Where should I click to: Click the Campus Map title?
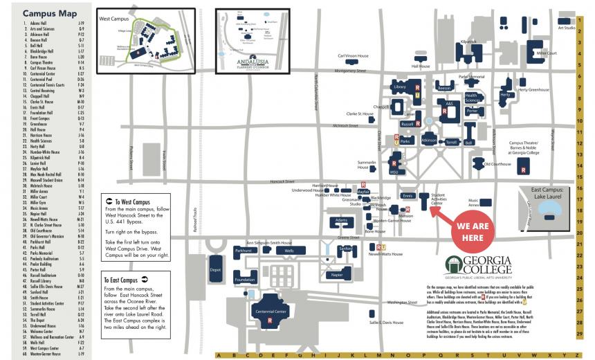tap(44, 13)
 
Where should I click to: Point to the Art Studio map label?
tap(566, 28)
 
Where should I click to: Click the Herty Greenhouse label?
tap(533, 89)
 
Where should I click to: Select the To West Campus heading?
tap(129, 201)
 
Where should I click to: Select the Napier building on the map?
tap(337, 275)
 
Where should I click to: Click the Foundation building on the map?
tap(244, 280)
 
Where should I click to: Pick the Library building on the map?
tap(399, 87)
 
